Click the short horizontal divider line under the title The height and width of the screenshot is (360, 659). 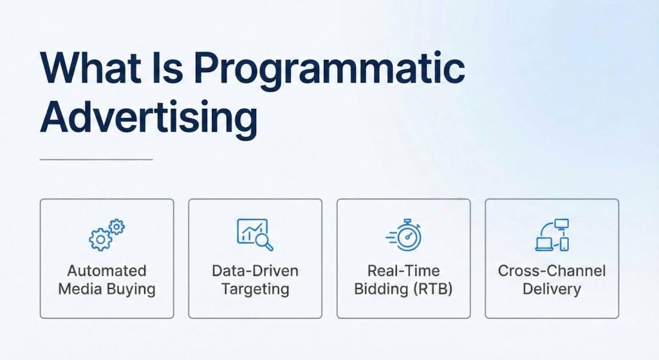coord(96,159)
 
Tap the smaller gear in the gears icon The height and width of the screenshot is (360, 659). coord(117,227)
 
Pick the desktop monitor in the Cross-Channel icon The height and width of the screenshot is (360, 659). coord(562,225)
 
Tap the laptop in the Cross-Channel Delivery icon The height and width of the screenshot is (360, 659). coord(544,243)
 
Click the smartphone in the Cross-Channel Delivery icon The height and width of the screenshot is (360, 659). coord(564,243)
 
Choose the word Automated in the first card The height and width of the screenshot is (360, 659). coord(107,271)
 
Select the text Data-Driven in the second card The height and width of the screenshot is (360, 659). coord(255,271)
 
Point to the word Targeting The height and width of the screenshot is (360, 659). coord(255,289)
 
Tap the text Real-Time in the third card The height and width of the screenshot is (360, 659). coord(404,271)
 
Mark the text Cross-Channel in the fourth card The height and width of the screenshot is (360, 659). coord(552,271)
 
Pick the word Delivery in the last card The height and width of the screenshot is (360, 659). coord(552,289)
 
